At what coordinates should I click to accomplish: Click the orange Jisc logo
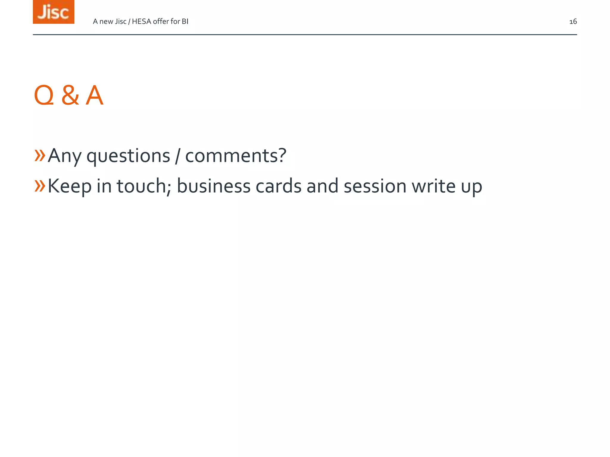[54, 12]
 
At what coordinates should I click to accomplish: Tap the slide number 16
[573, 22]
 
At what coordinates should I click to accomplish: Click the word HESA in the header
[141, 21]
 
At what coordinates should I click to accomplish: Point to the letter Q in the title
[44, 96]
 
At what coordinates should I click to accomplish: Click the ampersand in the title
[70, 96]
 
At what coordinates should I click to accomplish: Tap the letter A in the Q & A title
[94, 96]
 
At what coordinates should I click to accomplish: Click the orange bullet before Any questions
[40, 155]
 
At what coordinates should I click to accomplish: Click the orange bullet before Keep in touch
[40, 186]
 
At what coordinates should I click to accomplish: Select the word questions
[128, 156]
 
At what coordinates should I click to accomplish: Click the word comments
[236, 156]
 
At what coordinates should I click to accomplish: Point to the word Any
[65, 156]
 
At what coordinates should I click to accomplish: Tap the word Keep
[70, 186]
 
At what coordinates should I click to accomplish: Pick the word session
[375, 186]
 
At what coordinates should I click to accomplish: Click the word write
[434, 186]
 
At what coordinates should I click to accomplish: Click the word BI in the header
[185, 21]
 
